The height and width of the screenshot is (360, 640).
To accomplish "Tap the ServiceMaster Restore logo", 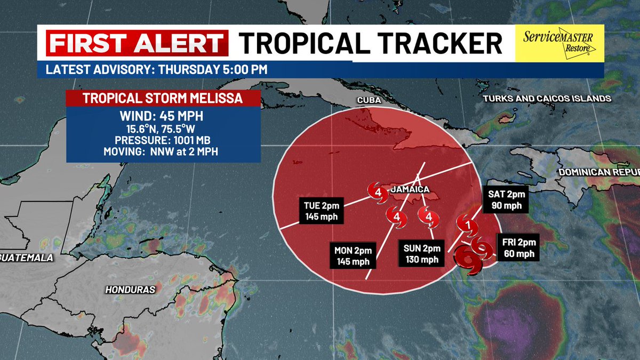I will (559, 43).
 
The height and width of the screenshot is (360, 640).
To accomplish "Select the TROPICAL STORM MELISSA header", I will (163, 99).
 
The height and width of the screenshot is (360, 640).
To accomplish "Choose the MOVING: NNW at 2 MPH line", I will (163, 152).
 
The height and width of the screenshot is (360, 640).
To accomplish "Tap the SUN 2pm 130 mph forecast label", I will (421, 254).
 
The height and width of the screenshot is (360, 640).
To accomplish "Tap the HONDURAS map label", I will (130, 290).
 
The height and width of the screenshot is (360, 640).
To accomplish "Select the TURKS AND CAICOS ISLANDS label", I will (546, 99).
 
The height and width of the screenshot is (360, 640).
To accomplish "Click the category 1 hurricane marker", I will (468, 226).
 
